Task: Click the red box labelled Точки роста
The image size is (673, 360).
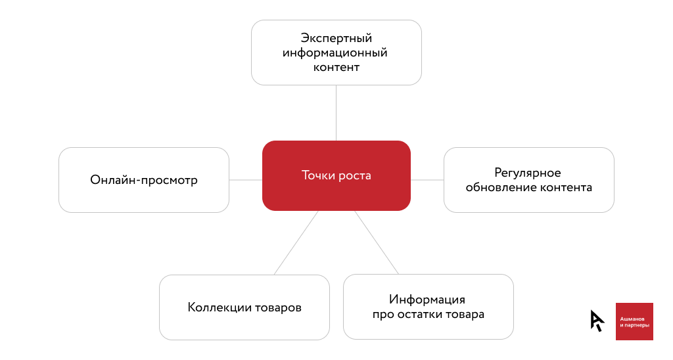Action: point(336,175)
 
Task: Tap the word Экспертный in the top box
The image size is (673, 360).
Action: point(336,38)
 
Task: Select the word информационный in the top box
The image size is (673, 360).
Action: point(335,53)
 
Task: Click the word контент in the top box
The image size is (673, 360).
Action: point(336,67)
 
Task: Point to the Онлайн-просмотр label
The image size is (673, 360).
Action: point(144,180)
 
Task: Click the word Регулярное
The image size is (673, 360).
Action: point(528,173)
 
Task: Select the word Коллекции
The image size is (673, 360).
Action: point(220,307)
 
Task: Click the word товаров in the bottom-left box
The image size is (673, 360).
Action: point(278,307)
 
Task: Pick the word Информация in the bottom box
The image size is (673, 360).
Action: point(427,300)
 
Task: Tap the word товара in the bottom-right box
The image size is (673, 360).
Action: point(465,315)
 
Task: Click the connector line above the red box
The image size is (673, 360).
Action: point(336,113)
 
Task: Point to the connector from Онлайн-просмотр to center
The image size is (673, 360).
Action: point(246,180)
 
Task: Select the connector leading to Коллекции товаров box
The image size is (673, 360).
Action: point(296,243)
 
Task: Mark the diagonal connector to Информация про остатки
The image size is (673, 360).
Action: point(377,242)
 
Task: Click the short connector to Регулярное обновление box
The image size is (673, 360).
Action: point(427,180)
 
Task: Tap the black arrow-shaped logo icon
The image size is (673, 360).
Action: point(597,321)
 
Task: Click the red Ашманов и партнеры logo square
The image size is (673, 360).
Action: point(634,321)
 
